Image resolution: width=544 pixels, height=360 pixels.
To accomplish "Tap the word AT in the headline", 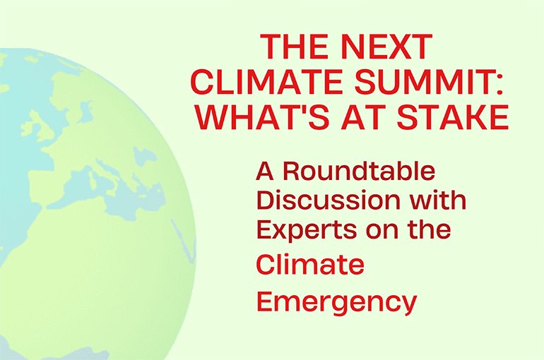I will (365, 117).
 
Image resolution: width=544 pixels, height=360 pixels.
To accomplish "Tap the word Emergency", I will (336, 302).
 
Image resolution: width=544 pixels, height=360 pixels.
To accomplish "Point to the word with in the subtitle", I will (437, 201).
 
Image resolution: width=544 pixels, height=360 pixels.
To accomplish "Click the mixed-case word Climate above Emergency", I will (310, 265).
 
